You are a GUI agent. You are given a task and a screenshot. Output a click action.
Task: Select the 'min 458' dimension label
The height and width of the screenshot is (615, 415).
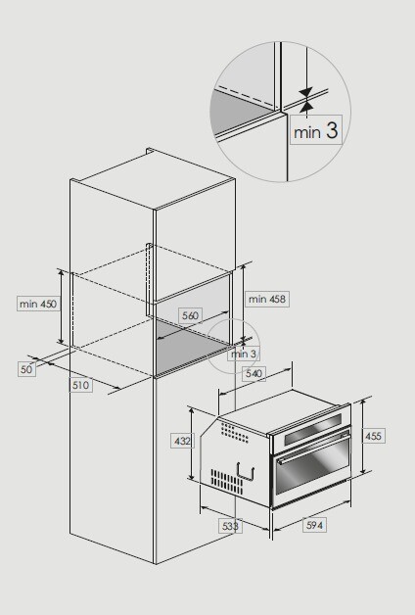coord(267,298)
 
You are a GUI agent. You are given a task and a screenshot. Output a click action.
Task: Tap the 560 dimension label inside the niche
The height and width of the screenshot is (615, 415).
coord(190,315)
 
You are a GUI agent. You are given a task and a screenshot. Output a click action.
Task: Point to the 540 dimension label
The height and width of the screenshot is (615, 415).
coord(254,373)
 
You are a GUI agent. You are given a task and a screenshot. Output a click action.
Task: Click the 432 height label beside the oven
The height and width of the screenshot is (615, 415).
coord(182,442)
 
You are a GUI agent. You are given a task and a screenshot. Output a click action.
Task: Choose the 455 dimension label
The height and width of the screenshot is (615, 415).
coord(374,436)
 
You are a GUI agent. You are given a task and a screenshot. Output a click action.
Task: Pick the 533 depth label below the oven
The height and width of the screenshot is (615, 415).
coord(231,526)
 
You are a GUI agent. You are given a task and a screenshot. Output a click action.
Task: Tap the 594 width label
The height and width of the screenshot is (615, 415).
coord(314,526)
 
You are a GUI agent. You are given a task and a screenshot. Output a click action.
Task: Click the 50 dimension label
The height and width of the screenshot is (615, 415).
coord(25,369)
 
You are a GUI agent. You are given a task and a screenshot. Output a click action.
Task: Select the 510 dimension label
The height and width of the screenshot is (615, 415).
coord(80,386)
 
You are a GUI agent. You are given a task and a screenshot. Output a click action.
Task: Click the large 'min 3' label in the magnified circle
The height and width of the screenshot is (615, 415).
coord(315,131)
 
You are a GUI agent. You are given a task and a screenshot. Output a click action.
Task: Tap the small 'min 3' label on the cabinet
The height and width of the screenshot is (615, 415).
coord(244,354)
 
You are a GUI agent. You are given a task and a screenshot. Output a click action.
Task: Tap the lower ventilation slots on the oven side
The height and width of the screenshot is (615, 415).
coord(227,480)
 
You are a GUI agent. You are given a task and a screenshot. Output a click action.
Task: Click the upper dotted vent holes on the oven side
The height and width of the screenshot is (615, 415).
coord(237,431)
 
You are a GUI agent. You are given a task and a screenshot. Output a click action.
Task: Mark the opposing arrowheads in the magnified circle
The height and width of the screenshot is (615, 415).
coord(305,99)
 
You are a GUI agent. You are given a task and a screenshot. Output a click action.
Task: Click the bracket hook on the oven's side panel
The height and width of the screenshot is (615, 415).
coord(255,472)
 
